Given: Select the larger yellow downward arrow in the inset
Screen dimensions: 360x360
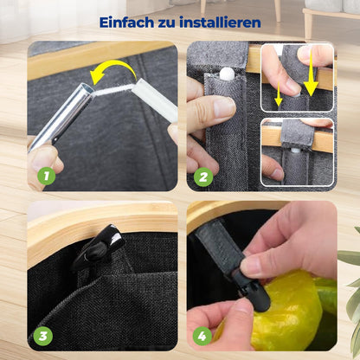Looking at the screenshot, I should click(310, 82).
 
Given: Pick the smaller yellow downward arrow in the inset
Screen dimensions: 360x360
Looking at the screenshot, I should click(280, 97).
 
